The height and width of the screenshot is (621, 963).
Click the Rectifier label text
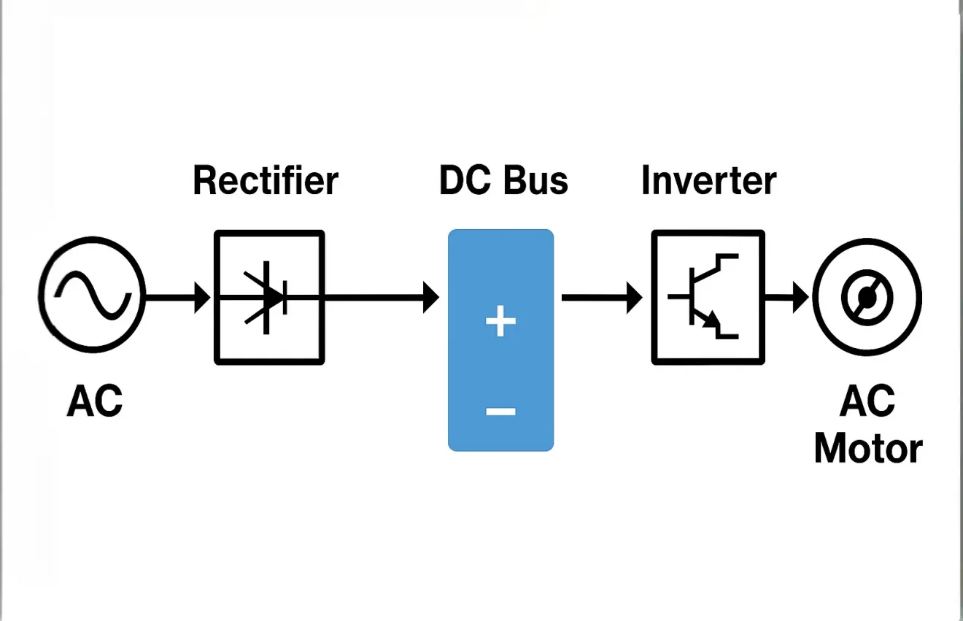[266, 181]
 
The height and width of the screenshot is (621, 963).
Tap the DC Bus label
[503, 180]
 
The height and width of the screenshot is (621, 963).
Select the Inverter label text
[708, 180]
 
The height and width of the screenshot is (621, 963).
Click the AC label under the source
[95, 401]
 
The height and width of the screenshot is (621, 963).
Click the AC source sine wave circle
[92, 296]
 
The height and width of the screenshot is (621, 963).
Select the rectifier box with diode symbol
[269, 297]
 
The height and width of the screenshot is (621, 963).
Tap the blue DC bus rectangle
[500, 365]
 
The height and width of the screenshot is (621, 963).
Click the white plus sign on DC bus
[500, 322]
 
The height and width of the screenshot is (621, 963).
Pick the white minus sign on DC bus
[500, 412]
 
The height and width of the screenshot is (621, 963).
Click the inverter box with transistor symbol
[708, 297]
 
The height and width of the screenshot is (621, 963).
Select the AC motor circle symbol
[867, 297]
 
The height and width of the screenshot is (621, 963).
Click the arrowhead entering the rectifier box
[202, 297]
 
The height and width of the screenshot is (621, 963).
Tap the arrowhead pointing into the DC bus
[430, 297]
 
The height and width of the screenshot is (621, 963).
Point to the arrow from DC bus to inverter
[602, 297]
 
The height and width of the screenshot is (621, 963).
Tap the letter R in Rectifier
[205, 181]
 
